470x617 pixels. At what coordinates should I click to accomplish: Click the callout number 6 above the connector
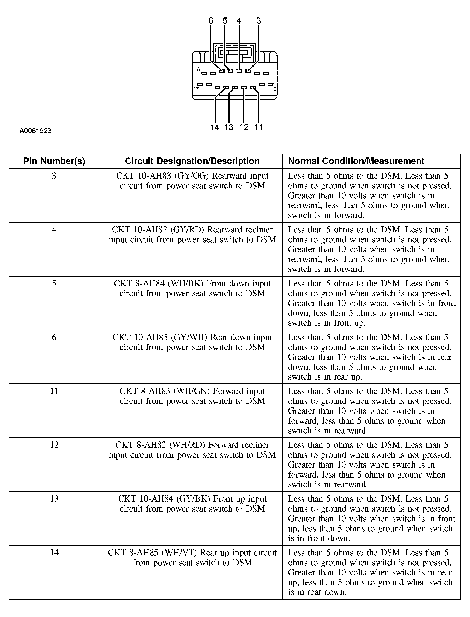[x=211, y=21]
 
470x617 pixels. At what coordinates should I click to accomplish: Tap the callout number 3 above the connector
[x=258, y=21]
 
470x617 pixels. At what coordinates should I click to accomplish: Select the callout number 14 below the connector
[x=215, y=128]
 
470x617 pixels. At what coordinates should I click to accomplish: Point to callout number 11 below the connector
[x=258, y=128]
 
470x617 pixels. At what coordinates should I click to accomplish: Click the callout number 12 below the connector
[x=244, y=128]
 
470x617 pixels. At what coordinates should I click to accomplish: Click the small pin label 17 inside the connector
[x=196, y=89]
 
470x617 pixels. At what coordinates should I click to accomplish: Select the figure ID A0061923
[x=35, y=131]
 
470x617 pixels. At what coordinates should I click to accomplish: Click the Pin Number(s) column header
[x=54, y=161]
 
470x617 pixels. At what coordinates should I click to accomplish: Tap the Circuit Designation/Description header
[x=192, y=161]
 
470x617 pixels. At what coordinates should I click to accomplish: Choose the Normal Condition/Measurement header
[x=356, y=161]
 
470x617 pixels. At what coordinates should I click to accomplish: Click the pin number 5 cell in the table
[x=54, y=284]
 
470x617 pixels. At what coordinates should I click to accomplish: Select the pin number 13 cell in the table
[x=54, y=499]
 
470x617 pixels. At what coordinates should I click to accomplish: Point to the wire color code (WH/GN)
[x=191, y=391]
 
